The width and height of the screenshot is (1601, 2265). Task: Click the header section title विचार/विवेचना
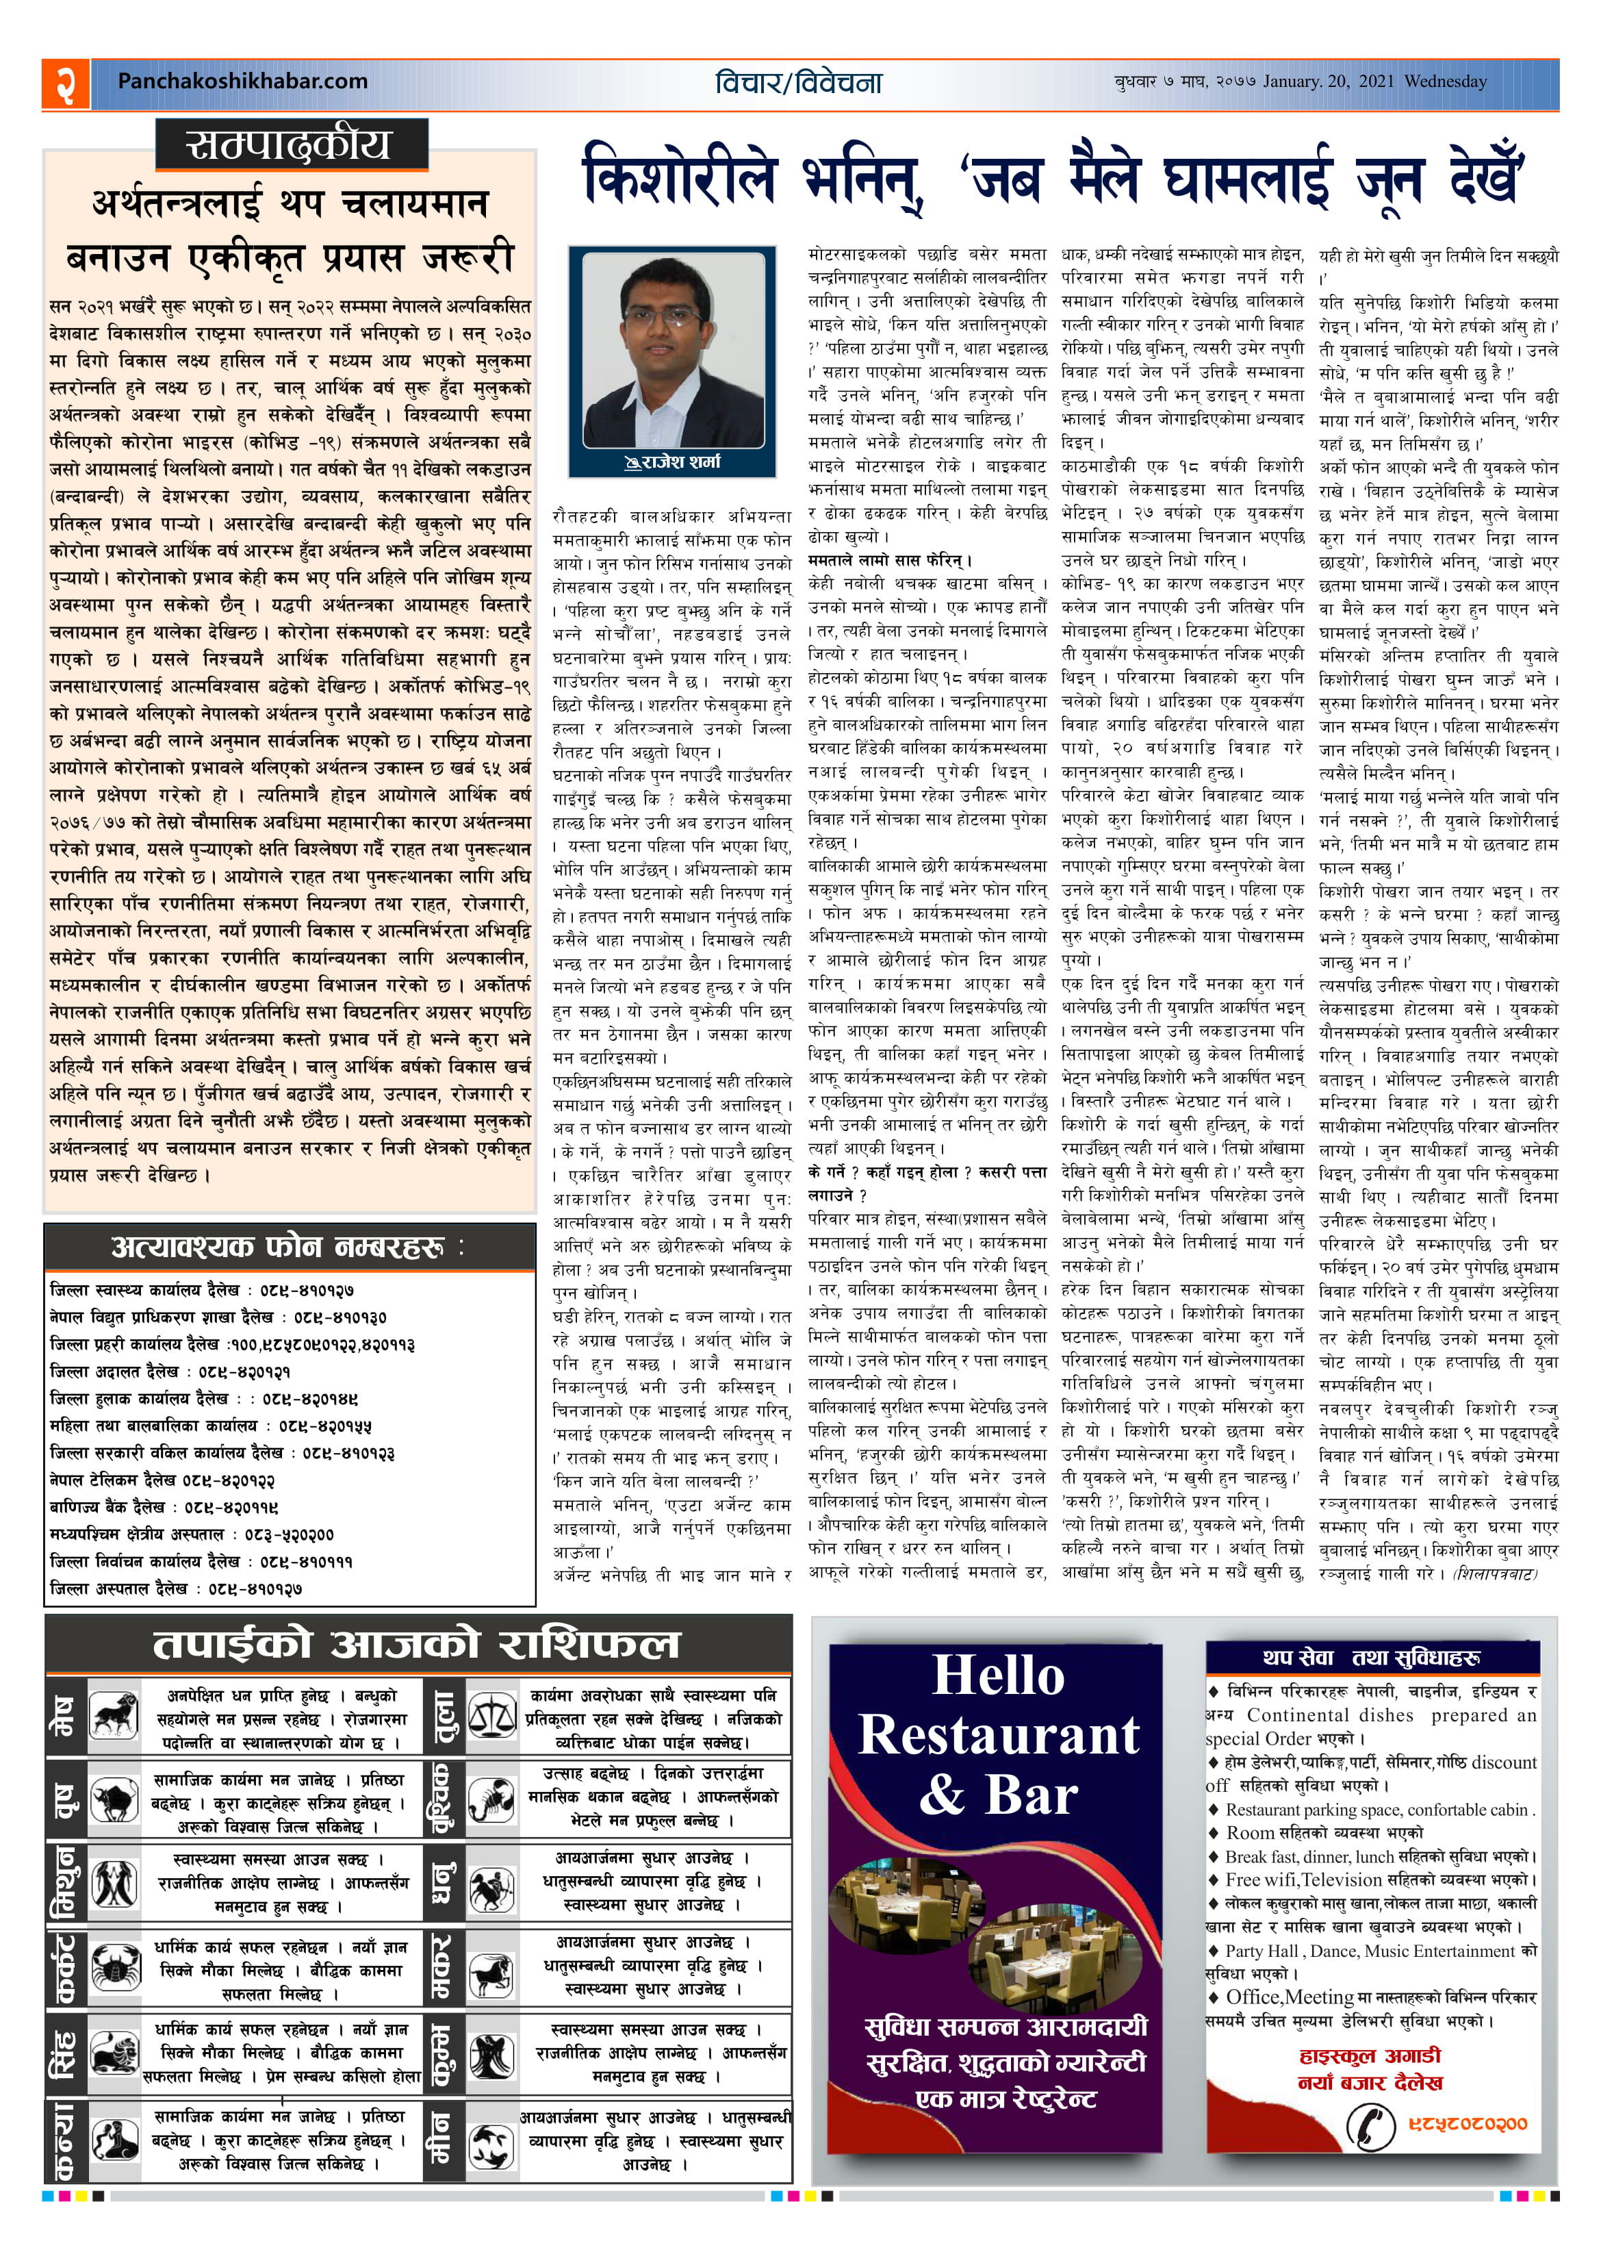tap(798, 84)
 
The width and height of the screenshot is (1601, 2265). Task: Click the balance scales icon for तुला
tap(490, 1715)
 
